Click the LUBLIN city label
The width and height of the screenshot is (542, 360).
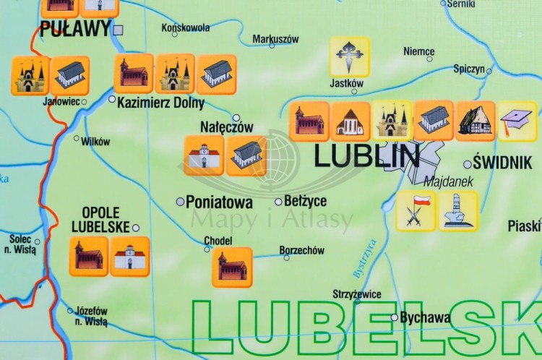click(x=366, y=156)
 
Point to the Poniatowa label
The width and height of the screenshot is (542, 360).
click(x=219, y=202)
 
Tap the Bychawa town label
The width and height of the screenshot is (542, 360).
click(x=426, y=317)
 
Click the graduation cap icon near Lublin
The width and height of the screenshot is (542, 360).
click(x=517, y=121)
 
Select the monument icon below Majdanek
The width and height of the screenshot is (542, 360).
click(x=458, y=211)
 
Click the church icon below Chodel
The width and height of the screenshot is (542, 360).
click(x=232, y=267)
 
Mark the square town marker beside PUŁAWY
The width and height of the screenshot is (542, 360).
click(x=119, y=30)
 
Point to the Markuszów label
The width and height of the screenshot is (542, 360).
click(x=275, y=39)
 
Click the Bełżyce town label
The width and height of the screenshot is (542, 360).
click(x=306, y=201)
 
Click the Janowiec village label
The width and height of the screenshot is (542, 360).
click(x=61, y=101)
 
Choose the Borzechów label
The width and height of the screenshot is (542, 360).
click(x=302, y=251)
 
